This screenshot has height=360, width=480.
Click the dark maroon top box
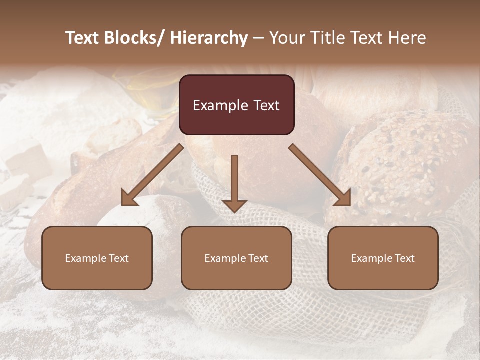(x=236, y=105)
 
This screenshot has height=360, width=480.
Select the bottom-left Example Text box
(x=97, y=258)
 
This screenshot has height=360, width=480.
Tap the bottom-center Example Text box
(x=236, y=258)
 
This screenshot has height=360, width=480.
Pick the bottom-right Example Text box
(x=383, y=258)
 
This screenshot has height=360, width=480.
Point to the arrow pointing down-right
(x=320, y=175)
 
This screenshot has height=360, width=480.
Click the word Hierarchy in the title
(x=209, y=38)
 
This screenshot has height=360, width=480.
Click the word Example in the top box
(x=220, y=105)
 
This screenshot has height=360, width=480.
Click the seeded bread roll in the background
(x=410, y=160)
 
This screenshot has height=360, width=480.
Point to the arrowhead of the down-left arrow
(x=128, y=199)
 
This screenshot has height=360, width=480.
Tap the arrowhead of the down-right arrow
(x=343, y=199)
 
